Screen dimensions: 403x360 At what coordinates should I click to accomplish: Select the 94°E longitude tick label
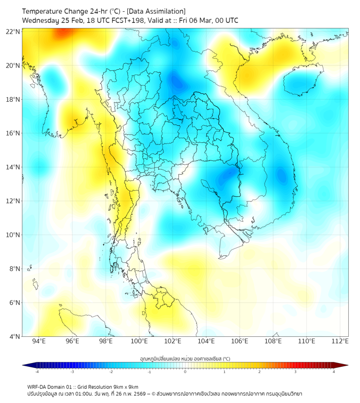[38, 341]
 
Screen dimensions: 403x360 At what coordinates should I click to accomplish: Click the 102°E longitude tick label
[173, 341]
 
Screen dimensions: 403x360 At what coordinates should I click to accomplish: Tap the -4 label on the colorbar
[36, 372]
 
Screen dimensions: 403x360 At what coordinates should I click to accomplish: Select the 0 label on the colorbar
[185, 372]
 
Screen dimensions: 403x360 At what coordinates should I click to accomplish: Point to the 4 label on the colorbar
[334, 372]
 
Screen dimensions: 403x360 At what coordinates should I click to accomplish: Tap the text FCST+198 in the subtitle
[124, 20]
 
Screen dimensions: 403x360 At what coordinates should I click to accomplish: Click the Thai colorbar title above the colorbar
[185, 358]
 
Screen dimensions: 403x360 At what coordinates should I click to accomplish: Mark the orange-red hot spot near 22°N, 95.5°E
[62, 33]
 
